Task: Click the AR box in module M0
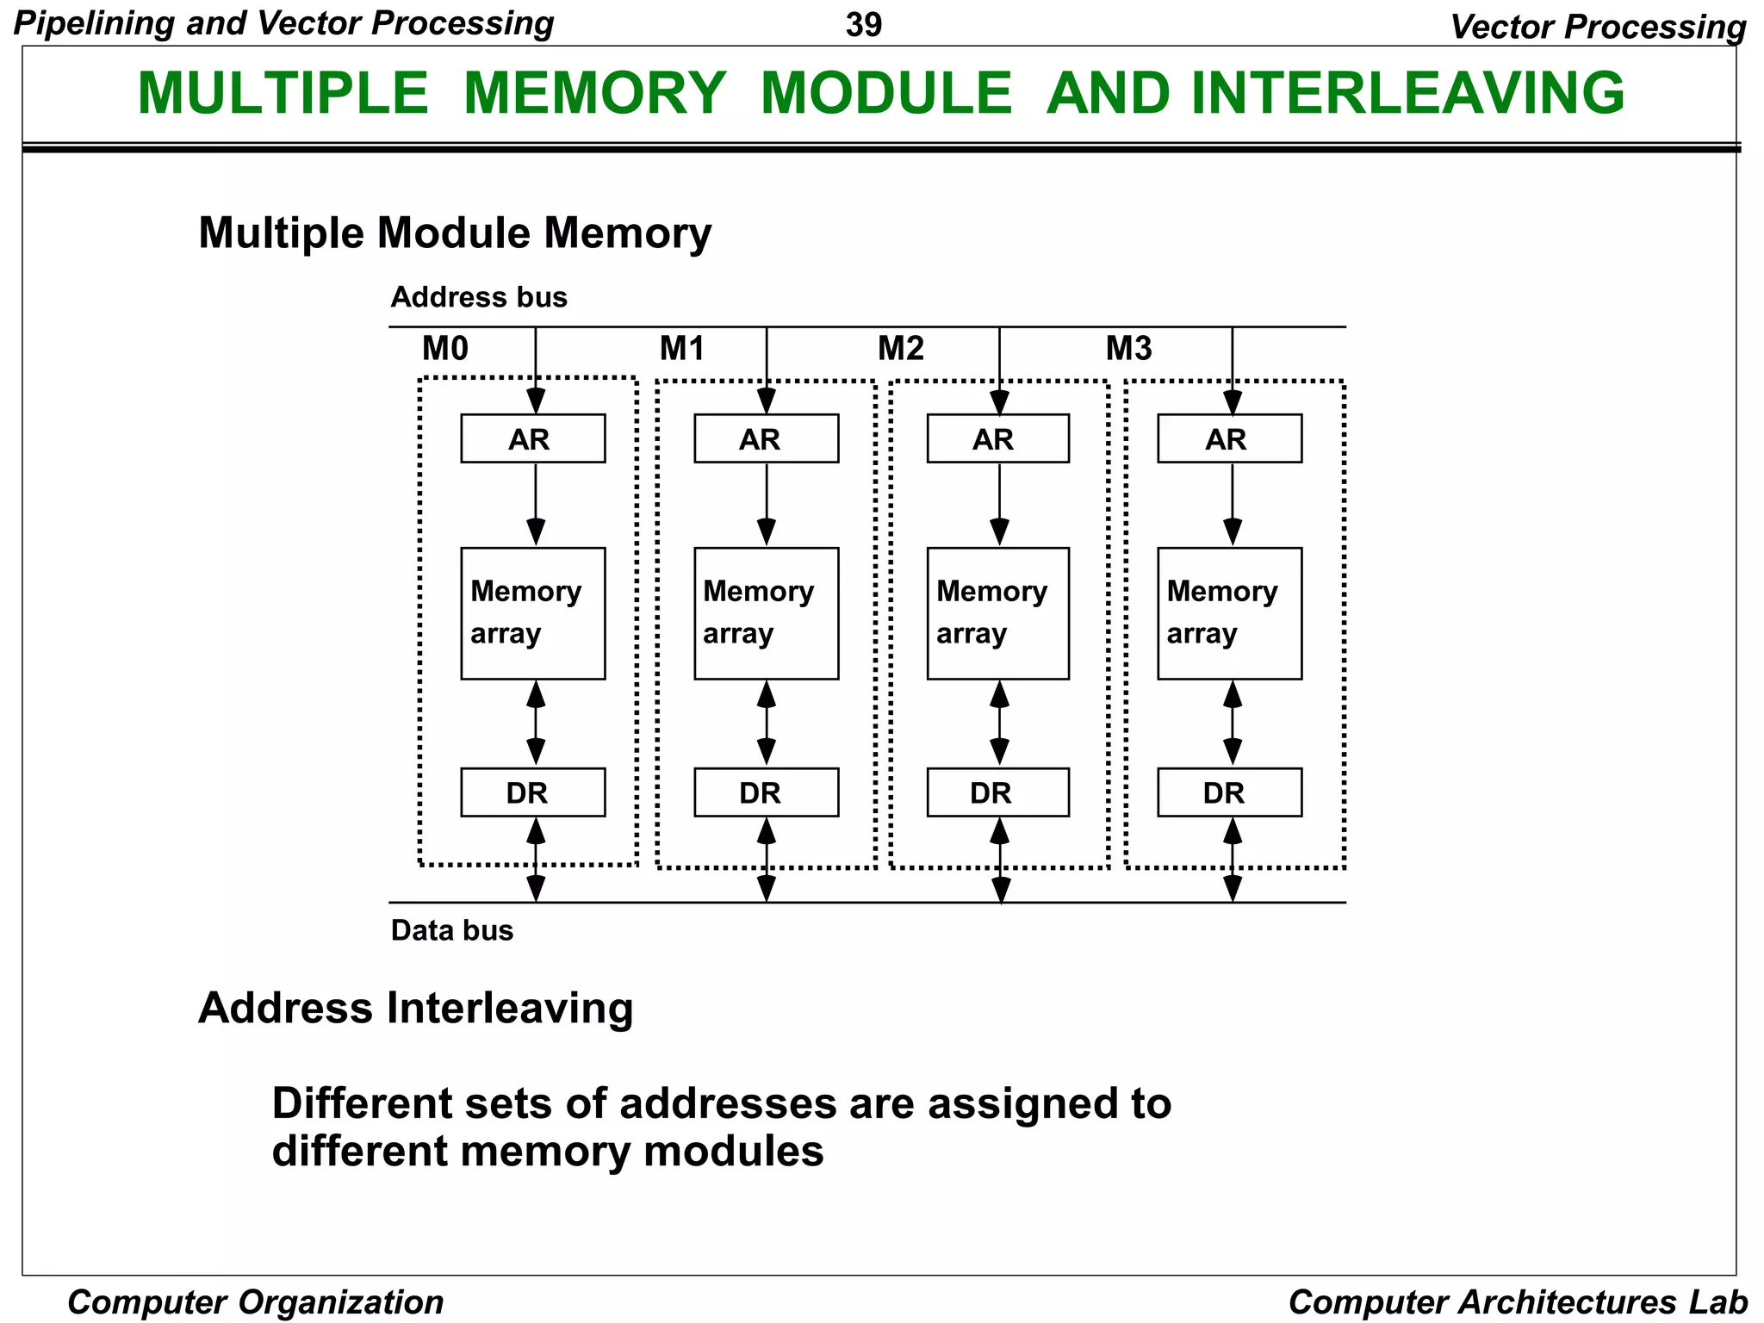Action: click(x=532, y=438)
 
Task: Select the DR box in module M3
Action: click(x=1229, y=792)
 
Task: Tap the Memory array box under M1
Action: click(x=766, y=613)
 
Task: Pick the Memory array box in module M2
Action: click(x=997, y=613)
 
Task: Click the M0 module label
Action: click(x=445, y=349)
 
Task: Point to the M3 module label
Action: click(x=1128, y=349)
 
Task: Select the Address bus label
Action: click(x=479, y=297)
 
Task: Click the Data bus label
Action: click(x=451, y=930)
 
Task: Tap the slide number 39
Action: click(x=864, y=25)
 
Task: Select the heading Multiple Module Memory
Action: click(x=455, y=233)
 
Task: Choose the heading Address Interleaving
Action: click(x=415, y=1008)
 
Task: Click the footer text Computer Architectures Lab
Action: click(x=1518, y=1301)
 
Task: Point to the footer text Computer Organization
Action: click(x=255, y=1301)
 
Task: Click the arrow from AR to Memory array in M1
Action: click(x=767, y=504)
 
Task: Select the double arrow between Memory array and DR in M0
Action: click(x=536, y=723)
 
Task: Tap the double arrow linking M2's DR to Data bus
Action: click(x=1000, y=860)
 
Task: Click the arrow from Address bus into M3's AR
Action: click(x=1233, y=370)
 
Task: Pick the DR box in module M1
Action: click(x=766, y=792)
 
